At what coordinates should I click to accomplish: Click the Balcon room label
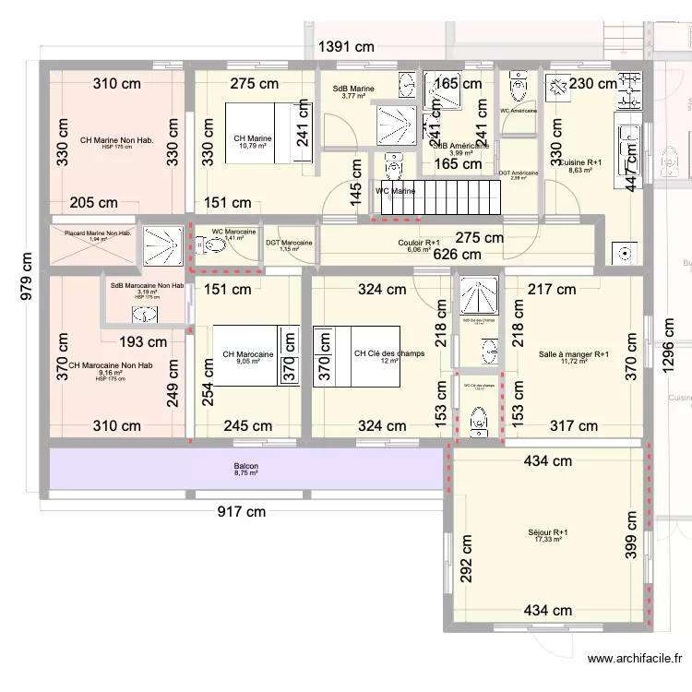245,467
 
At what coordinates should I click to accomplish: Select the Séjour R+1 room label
548,532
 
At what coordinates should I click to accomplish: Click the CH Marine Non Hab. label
115,140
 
